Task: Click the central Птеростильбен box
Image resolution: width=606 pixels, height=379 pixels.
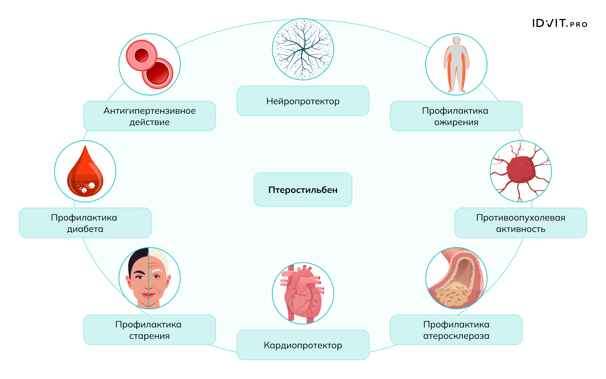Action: click(x=303, y=189)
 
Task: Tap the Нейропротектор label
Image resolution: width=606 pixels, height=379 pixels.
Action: click(x=303, y=101)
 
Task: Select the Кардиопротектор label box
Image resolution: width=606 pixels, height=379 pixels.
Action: click(x=303, y=345)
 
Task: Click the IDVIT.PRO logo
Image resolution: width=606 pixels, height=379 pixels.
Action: click(x=559, y=23)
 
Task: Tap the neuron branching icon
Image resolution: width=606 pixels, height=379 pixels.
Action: click(x=303, y=49)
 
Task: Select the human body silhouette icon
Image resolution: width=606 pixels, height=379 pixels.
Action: click(x=456, y=64)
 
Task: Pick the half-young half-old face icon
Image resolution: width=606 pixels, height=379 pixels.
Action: click(x=150, y=278)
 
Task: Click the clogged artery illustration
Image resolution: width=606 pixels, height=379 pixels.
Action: click(x=456, y=278)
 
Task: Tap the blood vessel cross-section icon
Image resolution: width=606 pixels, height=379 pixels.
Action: click(x=150, y=64)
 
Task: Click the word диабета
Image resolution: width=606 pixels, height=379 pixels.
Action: click(x=85, y=229)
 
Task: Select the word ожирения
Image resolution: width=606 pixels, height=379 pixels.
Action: click(x=456, y=122)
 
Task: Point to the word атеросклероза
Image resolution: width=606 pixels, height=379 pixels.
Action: click(x=456, y=336)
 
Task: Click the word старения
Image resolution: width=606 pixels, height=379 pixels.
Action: click(x=150, y=336)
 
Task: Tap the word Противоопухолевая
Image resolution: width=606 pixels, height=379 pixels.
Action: click(x=521, y=218)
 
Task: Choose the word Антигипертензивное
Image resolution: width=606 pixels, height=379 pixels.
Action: click(x=150, y=111)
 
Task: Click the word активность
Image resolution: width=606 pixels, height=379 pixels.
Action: click(x=521, y=229)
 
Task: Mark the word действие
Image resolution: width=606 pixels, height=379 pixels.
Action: click(x=150, y=122)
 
